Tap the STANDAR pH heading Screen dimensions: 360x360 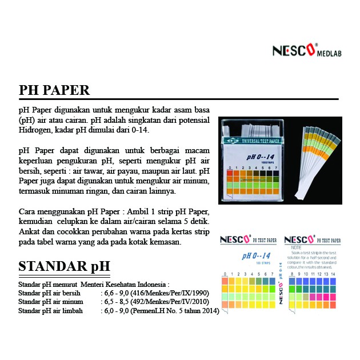click(64, 267)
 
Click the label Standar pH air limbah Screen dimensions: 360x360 click(51, 311)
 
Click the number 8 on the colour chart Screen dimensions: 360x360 click(293, 274)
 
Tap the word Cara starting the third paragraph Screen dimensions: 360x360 click(27, 211)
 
